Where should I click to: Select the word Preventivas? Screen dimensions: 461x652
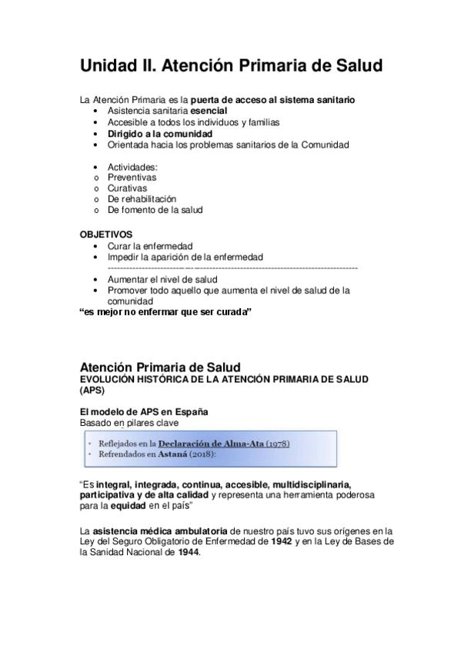132,177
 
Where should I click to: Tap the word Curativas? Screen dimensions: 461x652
127,188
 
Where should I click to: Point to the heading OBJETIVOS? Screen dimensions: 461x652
106,235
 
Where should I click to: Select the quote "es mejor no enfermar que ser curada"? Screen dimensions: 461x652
166,312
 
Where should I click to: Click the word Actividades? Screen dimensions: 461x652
132,166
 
